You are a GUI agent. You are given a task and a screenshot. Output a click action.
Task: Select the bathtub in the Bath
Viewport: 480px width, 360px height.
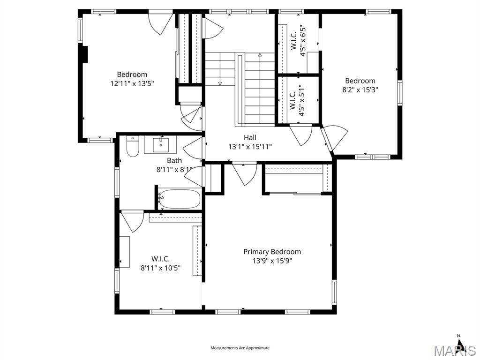[180, 199]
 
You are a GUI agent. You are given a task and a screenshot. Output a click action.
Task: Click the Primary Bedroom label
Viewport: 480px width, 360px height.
[272, 252]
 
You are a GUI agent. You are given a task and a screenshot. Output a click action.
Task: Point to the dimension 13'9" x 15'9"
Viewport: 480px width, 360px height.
[272, 261]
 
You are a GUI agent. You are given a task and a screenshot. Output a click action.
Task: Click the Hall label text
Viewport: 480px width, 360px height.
[250, 137]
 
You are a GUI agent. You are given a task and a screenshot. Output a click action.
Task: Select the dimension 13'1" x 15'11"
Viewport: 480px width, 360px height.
[250, 147]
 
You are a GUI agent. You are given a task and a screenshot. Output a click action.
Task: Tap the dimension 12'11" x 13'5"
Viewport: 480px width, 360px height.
[132, 83]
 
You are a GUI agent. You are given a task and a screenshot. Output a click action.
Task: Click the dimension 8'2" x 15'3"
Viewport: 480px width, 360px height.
[360, 90]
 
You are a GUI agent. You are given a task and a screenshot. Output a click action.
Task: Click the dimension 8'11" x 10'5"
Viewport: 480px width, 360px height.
[160, 268]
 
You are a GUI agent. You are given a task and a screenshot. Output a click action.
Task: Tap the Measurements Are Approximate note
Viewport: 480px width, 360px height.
[240, 348]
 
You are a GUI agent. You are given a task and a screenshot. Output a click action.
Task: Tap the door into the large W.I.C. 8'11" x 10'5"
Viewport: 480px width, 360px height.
[133, 221]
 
